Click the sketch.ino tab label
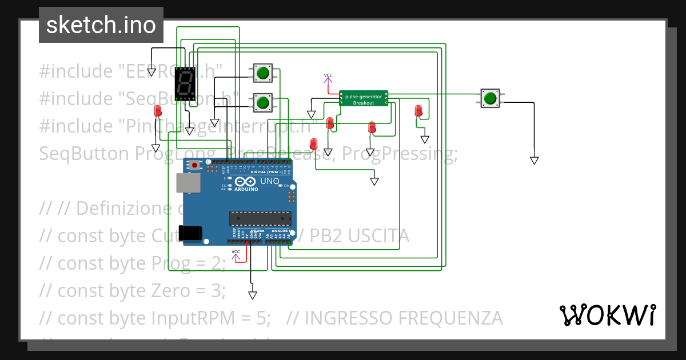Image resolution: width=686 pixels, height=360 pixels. [101, 25]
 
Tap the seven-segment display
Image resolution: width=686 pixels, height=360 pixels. [185, 83]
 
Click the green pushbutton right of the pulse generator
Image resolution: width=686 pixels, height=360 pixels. [490, 98]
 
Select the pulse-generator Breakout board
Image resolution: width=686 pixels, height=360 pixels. [364, 98]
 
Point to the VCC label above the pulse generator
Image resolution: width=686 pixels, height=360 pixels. [328, 75]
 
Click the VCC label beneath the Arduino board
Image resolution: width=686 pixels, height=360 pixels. [236, 251]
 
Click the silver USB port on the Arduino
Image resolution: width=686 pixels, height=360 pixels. [188, 183]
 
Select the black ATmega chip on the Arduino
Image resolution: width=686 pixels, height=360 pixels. [260, 218]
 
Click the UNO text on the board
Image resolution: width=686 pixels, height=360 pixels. [270, 182]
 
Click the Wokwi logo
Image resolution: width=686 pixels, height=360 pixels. [607, 315]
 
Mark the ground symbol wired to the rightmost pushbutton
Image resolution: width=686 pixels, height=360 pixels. [534, 161]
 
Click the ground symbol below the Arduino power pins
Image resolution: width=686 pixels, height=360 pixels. [252, 295]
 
